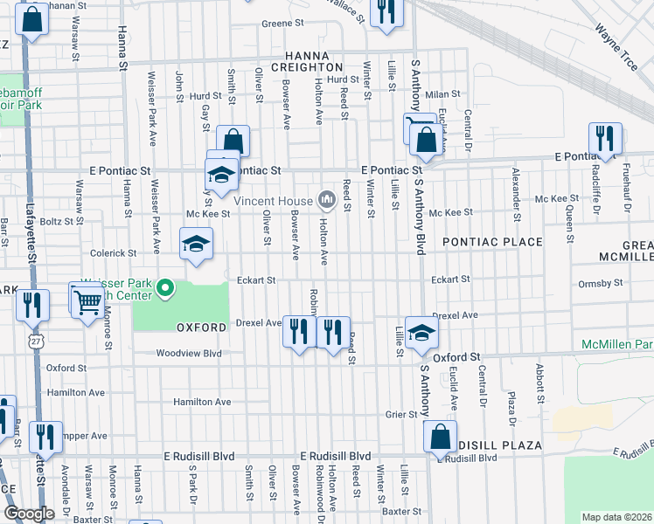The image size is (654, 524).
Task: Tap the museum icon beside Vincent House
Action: pos(327,201)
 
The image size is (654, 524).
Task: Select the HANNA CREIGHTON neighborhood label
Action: pos(306,60)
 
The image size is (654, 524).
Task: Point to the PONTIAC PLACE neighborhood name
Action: pos(492,241)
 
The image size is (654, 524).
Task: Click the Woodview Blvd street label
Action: pos(189,354)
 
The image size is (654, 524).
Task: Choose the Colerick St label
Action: pos(116,253)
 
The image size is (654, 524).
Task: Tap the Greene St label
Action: pos(281,24)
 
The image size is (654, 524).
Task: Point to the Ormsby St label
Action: pos(601,283)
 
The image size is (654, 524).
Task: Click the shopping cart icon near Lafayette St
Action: pos(87,301)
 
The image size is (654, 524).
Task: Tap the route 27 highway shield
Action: pos(34,335)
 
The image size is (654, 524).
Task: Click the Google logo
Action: pos(29,514)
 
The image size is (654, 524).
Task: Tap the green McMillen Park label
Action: pos(617,345)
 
